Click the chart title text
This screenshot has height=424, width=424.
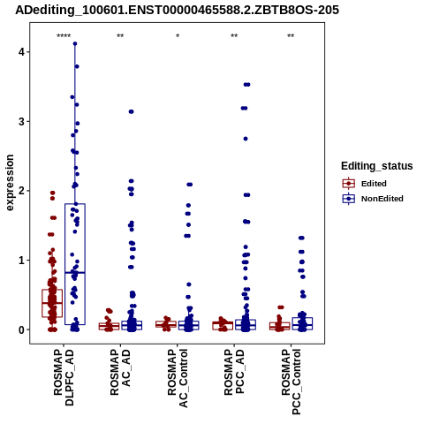[177, 10]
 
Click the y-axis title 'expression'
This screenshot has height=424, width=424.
[10, 183]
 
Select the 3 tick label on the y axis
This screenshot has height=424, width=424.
[21, 122]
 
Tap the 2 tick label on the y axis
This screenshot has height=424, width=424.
[21, 191]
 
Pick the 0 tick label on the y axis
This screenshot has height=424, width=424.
[21, 329]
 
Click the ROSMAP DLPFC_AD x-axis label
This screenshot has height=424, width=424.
[64, 377]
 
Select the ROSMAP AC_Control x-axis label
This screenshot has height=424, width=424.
[178, 378]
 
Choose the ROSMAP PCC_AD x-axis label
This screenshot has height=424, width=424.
[234, 372]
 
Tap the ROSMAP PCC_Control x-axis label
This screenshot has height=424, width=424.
[291, 382]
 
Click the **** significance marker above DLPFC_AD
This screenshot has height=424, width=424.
[64, 36]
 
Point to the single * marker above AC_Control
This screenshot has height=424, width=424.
[178, 36]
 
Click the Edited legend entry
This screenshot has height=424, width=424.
[365, 184]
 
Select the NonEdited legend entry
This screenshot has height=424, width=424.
[373, 199]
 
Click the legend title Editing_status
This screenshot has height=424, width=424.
[377, 166]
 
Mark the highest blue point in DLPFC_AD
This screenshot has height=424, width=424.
[75, 44]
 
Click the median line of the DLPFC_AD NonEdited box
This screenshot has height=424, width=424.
[75, 273]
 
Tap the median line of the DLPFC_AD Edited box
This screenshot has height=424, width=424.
[52, 303]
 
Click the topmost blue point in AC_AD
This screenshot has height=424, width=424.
[132, 111]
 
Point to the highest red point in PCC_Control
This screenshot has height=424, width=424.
[281, 307]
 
